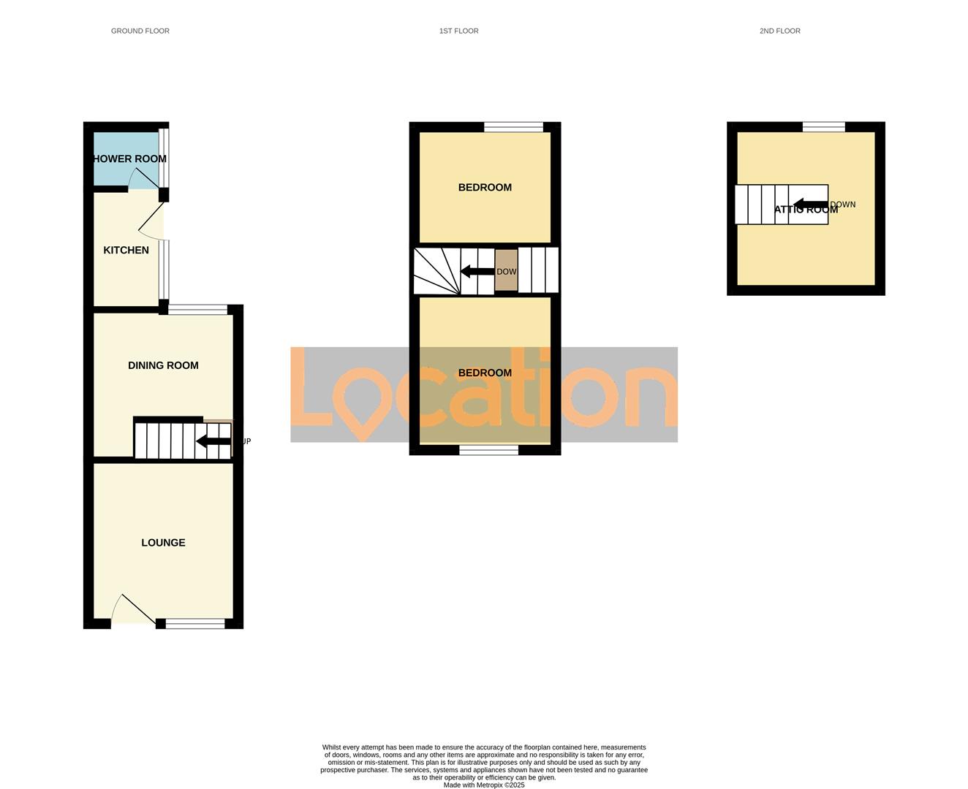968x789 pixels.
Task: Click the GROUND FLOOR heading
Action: (x=140, y=31)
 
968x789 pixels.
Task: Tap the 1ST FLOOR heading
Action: (x=458, y=31)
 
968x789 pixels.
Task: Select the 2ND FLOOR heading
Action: (x=779, y=31)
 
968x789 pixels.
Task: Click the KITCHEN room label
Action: (x=126, y=250)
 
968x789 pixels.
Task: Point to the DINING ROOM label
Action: (x=163, y=365)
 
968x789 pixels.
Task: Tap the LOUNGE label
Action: (x=163, y=542)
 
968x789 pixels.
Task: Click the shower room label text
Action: (x=129, y=159)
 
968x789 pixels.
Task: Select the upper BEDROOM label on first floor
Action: (x=485, y=187)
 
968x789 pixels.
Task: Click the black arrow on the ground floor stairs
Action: (x=213, y=441)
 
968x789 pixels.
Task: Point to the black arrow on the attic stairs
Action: (x=810, y=205)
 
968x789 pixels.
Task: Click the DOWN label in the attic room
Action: (x=842, y=205)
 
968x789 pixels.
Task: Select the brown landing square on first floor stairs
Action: (x=506, y=270)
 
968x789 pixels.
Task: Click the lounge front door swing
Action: (x=132, y=611)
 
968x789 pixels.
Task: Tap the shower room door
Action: (x=144, y=178)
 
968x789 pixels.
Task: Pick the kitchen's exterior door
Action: (x=151, y=221)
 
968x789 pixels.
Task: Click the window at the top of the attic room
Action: (x=823, y=127)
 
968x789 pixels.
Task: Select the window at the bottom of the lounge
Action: (x=195, y=623)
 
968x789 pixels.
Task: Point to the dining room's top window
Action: (x=197, y=310)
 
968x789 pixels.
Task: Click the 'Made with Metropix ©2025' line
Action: (x=484, y=785)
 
